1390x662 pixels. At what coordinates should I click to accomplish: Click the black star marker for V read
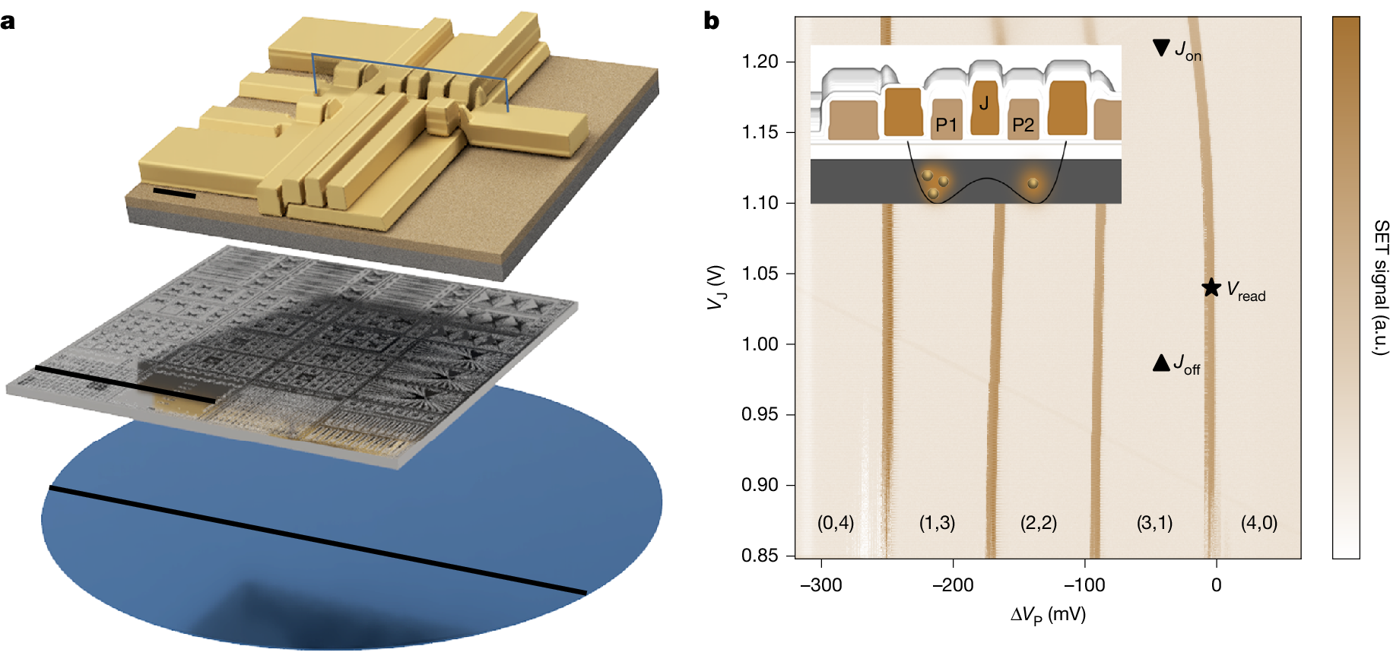point(1211,287)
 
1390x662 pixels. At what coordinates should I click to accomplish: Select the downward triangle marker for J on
point(1161,47)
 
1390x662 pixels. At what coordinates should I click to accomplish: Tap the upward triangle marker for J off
point(1161,363)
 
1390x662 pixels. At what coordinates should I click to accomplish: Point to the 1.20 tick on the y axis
point(760,62)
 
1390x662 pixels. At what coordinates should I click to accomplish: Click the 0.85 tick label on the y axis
point(760,556)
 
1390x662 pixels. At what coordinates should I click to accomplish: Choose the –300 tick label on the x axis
point(821,585)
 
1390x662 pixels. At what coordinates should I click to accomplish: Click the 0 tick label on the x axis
point(1217,585)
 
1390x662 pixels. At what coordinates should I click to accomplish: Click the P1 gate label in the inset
point(946,125)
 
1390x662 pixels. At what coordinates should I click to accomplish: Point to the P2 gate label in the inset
point(1023,125)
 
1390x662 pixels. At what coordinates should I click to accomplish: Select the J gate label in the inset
point(984,103)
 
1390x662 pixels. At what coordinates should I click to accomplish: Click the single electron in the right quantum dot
point(1033,183)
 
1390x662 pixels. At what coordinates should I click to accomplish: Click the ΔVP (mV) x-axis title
point(1048,615)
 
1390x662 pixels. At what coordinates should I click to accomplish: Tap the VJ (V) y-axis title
point(716,287)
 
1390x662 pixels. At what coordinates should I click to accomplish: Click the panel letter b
point(712,21)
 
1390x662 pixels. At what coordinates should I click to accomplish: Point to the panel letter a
point(8,21)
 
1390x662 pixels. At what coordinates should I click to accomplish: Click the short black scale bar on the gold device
point(174,194)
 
